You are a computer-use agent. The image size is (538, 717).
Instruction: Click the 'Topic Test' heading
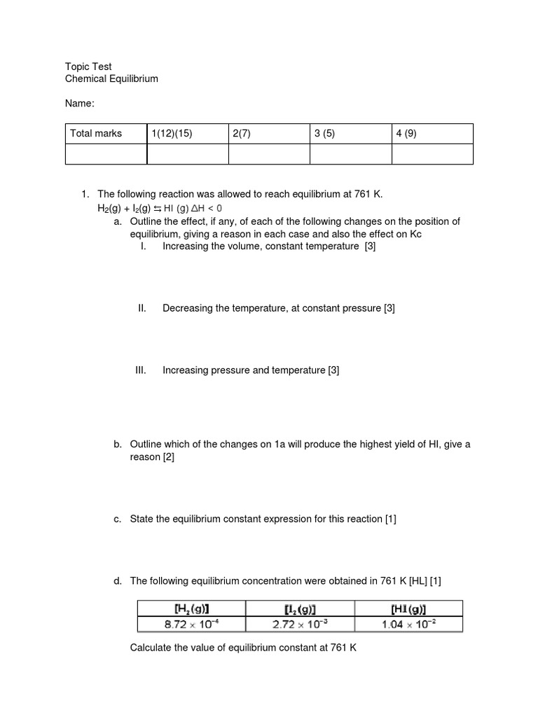coord(88,67)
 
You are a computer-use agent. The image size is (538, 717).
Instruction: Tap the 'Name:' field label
coord(79,104)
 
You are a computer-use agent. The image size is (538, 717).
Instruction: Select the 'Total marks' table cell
coord(96,134)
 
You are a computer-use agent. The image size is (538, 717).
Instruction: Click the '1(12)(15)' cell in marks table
coord(172,134)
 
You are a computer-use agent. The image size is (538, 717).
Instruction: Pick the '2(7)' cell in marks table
coord(242,134)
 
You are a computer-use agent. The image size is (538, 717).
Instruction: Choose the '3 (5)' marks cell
coord(325,134)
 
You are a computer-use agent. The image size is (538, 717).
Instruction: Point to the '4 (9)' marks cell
coord(406,134)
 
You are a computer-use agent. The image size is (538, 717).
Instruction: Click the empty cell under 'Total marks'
coord(106,154)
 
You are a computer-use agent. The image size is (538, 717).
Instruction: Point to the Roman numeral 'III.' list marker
coord(141,370)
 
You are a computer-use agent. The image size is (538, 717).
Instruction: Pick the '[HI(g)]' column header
coord(408,608)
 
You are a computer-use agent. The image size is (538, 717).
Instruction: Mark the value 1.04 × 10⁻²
coord(408,624)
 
